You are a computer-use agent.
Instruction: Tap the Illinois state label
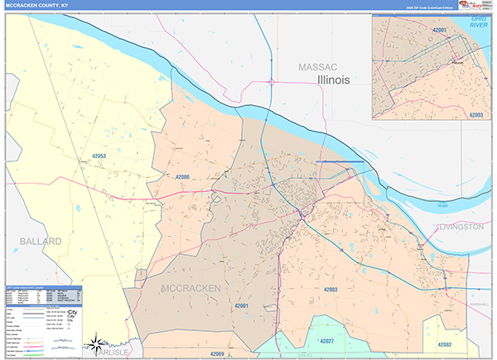tap(334, 79)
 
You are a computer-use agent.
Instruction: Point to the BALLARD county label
tap(37, 241)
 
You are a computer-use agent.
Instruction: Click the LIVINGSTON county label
tap(460, 226)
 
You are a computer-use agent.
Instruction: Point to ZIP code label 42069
tap(217, 353)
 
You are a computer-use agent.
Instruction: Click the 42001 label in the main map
tap(242, 305)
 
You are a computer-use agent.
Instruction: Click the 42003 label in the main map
tap(330, 289)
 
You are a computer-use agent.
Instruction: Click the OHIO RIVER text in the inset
tap(478, 21)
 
